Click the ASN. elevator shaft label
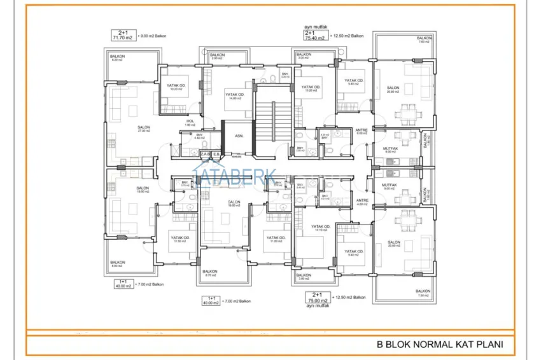238,136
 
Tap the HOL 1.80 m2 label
190,123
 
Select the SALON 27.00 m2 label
143,129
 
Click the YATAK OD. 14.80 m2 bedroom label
234,96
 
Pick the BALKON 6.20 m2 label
118,59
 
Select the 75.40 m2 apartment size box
315,37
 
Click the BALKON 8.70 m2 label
211,273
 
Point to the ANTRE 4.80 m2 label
362,202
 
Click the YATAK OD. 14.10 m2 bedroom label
321,229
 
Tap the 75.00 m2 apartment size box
316,298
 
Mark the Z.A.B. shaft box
205,153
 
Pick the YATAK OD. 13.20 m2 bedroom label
311,89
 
